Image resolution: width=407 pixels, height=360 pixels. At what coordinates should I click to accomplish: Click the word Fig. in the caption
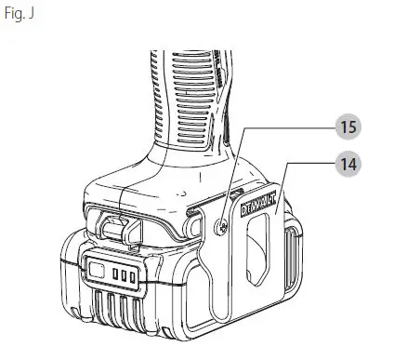tap(13, 16)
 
